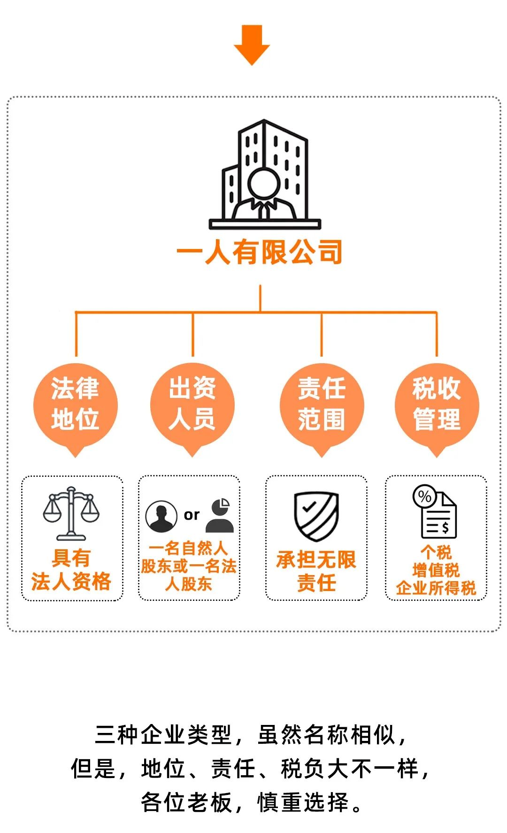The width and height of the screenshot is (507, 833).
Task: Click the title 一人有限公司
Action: tap(259, 253)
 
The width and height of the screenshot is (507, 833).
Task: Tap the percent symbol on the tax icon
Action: tap(424, 496)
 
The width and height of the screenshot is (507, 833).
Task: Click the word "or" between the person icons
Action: tap(192, 515)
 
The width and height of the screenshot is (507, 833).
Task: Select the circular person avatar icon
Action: tap(161, 516)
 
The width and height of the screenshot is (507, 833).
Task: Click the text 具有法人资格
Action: tap(71, 570)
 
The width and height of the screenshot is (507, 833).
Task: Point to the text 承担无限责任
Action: tap(316, 571)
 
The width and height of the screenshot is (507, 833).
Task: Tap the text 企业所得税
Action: tap(436, 588)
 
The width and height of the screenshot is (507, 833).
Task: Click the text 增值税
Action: tap(436, 570)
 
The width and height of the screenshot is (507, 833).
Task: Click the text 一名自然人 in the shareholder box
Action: tap(188, 548)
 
